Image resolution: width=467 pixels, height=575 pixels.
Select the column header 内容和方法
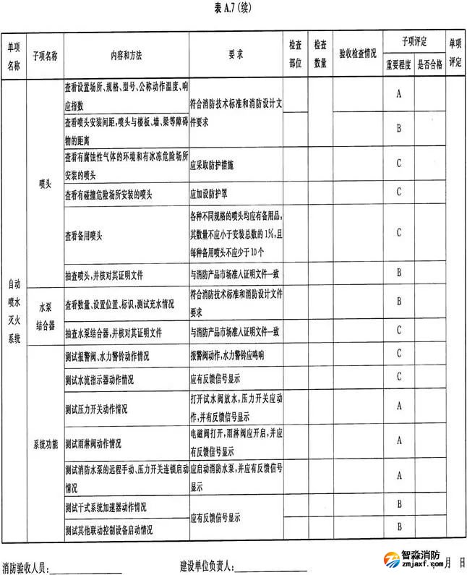tap(126, 55)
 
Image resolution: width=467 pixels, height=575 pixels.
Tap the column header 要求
tap(235, 55)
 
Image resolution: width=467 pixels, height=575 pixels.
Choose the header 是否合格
tap(429, 64)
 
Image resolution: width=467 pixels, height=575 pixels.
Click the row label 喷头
tap(45, 184)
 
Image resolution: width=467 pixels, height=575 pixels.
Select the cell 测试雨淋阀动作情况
tap(93, 443)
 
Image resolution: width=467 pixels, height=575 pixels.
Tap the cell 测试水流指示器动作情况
tap(99, 378)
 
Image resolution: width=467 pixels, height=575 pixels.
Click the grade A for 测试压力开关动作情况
tap(398, 406)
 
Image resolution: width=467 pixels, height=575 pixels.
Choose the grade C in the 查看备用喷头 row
tap(398, 232)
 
